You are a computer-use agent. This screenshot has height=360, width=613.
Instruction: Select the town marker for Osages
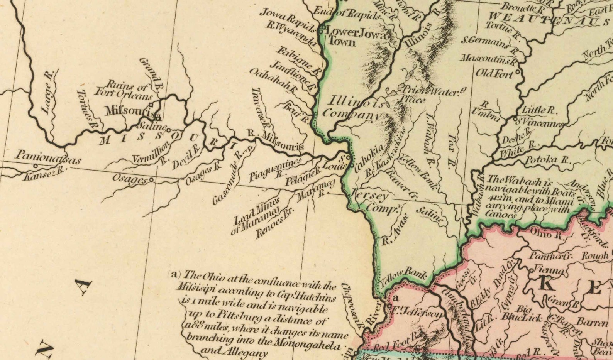(x=151, y=180)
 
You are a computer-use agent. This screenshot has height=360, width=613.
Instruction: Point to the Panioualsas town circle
(x=36, y=166)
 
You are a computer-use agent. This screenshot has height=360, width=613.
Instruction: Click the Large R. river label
(x=48, y=93)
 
